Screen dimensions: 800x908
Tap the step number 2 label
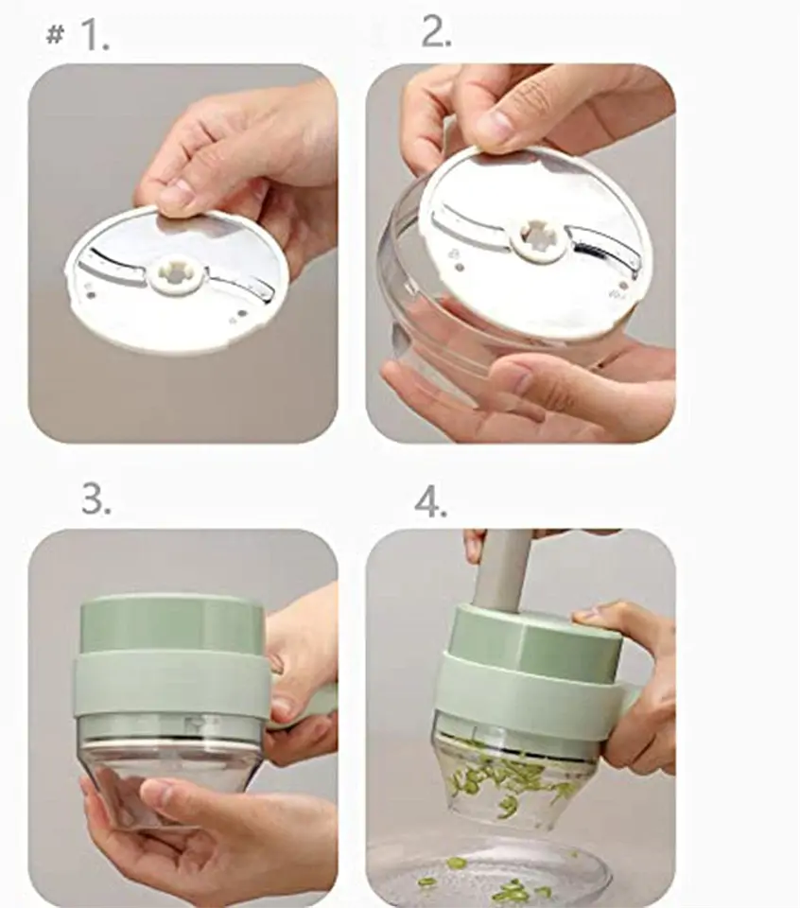(x=437, y=31)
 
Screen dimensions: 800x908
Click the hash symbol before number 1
(x=54, y=36)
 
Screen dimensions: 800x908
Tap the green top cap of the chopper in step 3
(x=172, y=625)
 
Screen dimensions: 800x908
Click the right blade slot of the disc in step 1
(x=240, y=285)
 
